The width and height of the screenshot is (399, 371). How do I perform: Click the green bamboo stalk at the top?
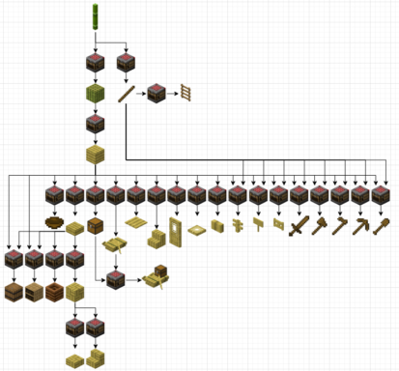pos(95,15)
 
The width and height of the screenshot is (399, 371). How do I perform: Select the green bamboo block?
pos(95,95)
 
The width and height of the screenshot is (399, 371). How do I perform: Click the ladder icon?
pos(186,94)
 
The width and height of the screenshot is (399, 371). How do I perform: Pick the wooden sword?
pos(299,227)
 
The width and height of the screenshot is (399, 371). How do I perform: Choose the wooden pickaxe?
pos(360,226)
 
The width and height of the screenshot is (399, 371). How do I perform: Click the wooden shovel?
pos(382,226)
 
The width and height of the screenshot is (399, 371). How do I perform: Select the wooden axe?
pos(340,226)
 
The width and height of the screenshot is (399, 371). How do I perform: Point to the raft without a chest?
pos(115,245)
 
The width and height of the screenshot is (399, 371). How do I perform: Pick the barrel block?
pos(14,291)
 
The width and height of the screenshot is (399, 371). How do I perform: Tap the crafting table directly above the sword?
pos(299,196)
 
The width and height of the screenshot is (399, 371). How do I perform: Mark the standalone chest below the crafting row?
pos(95,227)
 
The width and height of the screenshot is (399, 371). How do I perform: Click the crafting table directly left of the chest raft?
pos(115,280)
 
